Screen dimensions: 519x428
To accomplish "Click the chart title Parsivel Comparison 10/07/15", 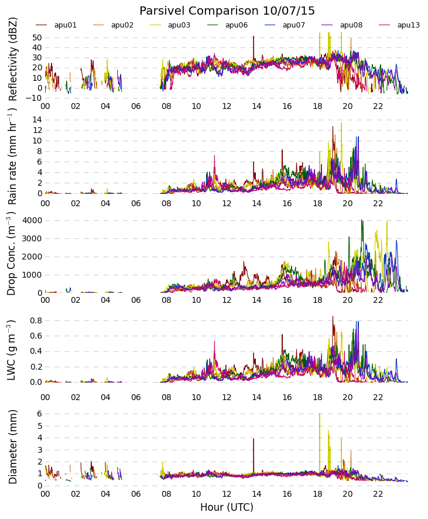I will coord(227,11).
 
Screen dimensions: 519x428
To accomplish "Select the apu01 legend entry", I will coord(65,25).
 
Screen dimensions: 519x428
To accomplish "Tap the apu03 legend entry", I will coord(179,25).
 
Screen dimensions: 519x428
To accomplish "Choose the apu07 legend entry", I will coord(293,25).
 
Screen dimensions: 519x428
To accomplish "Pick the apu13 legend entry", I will coord(408,25).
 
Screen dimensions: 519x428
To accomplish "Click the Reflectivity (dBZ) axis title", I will coord(13,59).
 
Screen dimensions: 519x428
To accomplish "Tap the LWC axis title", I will coord(12,350).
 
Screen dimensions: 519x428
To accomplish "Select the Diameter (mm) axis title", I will coord(13,446).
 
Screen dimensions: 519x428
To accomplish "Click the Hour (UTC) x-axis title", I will coord(227,507).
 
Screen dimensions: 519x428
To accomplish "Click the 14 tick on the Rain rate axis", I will coord(37,119).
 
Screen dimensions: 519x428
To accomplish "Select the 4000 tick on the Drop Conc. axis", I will coord(32,220).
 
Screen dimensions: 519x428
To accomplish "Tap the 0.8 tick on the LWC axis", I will coord(35,320).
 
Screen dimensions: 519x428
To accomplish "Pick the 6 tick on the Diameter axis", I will coord(39,414).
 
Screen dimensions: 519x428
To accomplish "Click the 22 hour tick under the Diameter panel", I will coord(378,494).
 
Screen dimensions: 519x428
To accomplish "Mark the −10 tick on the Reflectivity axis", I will coord(33,98).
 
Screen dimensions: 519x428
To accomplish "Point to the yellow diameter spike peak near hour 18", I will coord(320,415).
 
